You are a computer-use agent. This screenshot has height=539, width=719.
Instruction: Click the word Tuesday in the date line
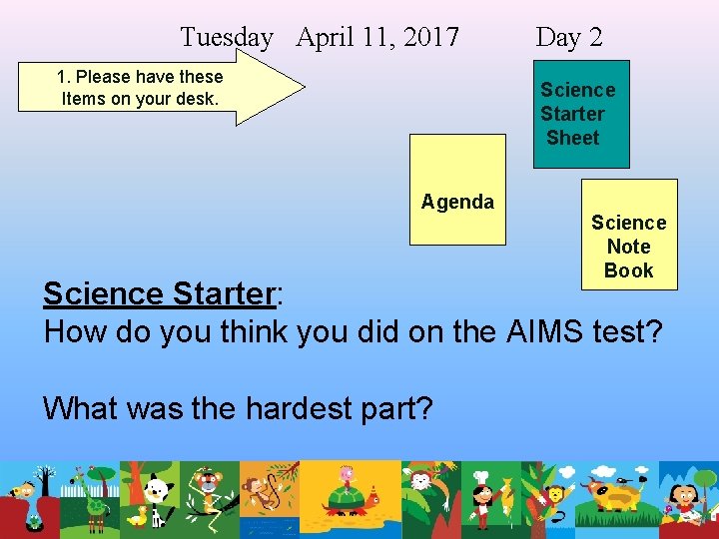point(226,38)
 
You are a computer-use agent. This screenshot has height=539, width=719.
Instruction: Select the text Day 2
point(569,38)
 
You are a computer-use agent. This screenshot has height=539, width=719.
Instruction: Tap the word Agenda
point(457,202)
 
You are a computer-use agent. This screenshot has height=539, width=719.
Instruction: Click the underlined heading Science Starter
point(158,294)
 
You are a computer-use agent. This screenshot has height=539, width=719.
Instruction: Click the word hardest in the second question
point(300,407)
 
